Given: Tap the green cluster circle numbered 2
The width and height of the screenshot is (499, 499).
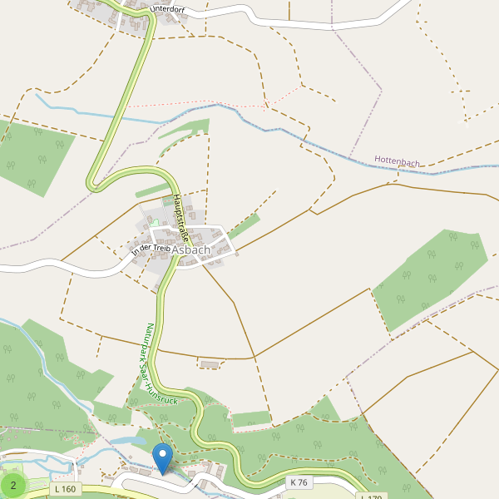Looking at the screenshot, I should tap(13, 484).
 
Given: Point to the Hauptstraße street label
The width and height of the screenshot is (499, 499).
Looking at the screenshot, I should tap(182, 218).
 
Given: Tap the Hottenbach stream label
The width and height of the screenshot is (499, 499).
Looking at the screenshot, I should tap(397, 161).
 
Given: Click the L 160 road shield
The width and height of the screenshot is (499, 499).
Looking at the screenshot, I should tap(64, 488).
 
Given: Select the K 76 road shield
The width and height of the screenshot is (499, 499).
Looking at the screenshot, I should tap(299, 482).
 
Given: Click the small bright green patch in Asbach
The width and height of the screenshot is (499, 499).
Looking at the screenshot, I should tap(154, 223).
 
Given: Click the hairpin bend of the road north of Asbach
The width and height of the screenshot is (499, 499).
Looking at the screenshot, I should tap(93, 182).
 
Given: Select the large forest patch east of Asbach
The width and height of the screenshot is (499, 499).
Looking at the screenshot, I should tap(427, 279).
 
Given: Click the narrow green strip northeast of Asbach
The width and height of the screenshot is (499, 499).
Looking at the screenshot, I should tap(245, 225).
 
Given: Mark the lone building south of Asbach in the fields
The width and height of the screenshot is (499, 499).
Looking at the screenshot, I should tap(210, 363).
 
